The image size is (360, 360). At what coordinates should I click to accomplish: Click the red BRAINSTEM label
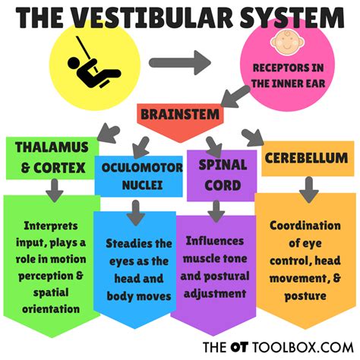pos(180,115)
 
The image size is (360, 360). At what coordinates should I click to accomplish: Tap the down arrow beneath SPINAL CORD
pos(216,208)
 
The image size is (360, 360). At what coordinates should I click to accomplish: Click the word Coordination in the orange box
pos(308,225)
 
